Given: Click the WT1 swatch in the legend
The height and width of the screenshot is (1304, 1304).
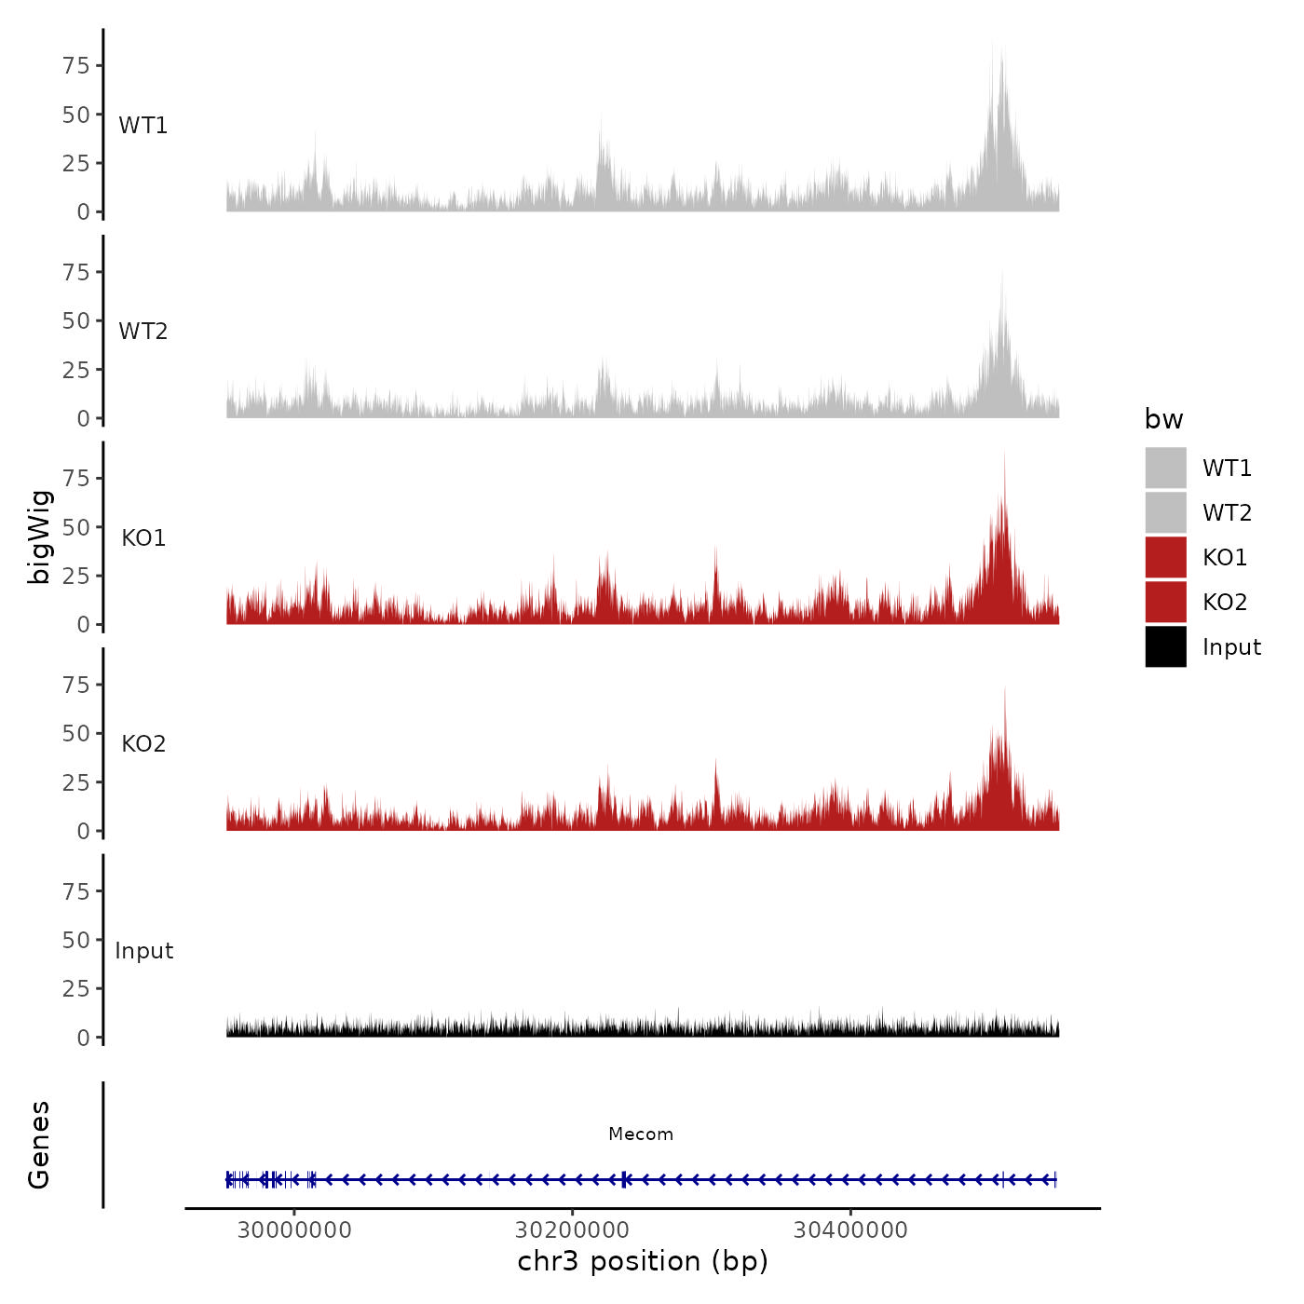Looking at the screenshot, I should [1165, 468].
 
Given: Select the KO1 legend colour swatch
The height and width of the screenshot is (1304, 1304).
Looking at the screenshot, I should [1165, 557].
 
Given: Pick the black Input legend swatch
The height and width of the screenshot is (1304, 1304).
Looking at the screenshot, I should [1165, 646].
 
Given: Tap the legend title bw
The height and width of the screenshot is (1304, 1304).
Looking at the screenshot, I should [1163, 419].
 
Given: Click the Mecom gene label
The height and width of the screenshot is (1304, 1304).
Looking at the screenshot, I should [641, 1134].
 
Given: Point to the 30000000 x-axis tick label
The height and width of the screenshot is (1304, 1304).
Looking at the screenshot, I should [294, 1230].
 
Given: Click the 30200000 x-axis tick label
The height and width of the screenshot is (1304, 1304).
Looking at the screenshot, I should [572, 1230].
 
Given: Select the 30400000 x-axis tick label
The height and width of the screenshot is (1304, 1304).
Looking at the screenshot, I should [850, 1230].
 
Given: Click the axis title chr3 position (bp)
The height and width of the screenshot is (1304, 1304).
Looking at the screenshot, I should [643, 1261].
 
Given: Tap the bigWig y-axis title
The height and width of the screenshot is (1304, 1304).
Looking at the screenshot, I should [39, 537].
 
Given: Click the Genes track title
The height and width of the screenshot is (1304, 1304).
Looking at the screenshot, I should [39, 1145].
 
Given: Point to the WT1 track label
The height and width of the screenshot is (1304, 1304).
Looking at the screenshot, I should [143, 125].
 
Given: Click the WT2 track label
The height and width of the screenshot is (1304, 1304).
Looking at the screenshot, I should [143, 332].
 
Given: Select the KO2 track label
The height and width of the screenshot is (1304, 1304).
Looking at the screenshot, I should [143, 743].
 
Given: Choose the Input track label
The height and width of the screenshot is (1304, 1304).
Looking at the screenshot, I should [144, 950].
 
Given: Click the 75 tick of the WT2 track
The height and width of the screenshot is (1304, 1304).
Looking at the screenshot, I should [76, 272].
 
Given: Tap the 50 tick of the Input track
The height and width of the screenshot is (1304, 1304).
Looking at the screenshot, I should [76, 940].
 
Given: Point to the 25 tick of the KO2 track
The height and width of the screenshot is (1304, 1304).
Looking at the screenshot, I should [76, 782].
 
